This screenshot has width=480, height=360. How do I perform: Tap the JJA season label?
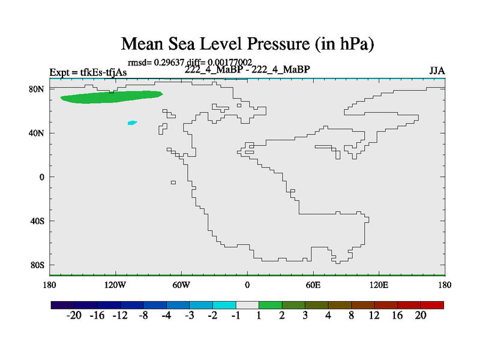(x=437, y=71)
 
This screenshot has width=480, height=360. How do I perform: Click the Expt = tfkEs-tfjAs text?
(x=88, y=73)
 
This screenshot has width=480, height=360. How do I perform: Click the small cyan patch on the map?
(x=132, y=122)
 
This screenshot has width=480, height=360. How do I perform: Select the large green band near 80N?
(x=111, y=97)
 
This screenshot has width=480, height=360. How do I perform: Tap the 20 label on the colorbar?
(x=421, y=316)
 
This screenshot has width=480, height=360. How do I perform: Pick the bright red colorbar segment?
(x=433, y=305)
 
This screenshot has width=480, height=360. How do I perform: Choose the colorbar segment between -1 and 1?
(x=247, y=305)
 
